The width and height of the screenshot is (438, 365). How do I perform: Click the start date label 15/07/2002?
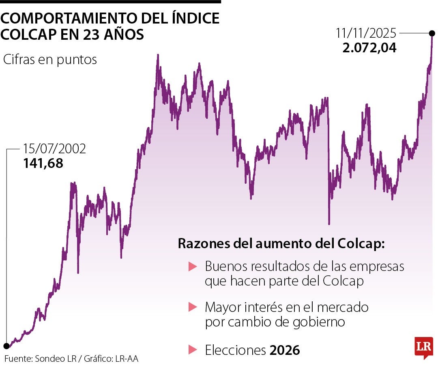pyautogui.click(x=54, y=149)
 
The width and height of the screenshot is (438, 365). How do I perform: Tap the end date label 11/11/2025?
pyautogui.click(x=366, y=33)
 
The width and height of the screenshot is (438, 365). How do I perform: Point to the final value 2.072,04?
pyautogui.click(x=369, y=47)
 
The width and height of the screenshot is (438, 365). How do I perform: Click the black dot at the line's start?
pyautogui.click(x=6, y=346)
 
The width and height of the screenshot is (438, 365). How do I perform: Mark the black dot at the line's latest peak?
pyautogui.click(x=432, y=33)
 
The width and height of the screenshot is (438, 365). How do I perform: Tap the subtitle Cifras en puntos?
pyautogui.click(x=50, y=60)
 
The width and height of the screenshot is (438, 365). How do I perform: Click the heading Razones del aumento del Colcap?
pyautogui.click(x=281, y=245)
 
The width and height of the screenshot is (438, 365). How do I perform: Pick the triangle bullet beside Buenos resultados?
pyautogui.click(x=193, y=267)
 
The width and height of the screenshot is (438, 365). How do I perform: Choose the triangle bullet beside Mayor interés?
pyautogui.click(x=193, y=307)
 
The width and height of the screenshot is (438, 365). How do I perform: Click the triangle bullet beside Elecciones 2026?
pyautogui.click(x=193, y=350)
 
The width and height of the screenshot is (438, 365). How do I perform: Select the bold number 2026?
pyautogui.click(x=285, y=350)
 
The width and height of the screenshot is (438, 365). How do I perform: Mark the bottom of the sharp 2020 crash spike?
pyautogui.click(x=329, y=223)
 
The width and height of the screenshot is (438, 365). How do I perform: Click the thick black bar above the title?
pyautogui.click(x=110, y=2)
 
